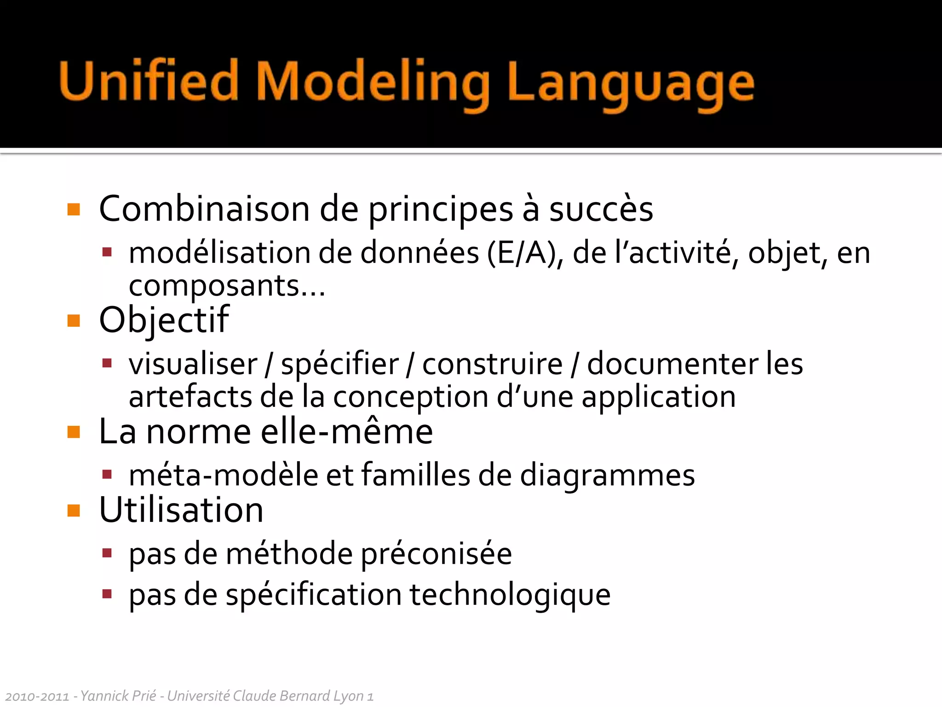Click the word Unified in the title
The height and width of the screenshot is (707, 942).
click(149, 81)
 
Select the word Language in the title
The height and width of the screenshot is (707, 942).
click(630, 84)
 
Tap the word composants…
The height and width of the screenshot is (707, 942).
click(227, 286)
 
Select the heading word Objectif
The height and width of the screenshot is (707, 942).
click(164, 320)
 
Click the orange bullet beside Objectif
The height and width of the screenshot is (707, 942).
click(74, 320)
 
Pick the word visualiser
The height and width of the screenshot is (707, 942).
click(193, 364)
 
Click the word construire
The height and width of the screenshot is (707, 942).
click(492, 364)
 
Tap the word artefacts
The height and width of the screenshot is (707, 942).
click(190, 397)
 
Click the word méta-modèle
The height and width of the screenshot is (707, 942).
click(223, 475)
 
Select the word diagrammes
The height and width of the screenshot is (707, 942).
click(607, 475)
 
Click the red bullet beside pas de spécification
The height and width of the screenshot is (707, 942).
click(107, 594)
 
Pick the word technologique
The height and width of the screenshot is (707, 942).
click(510, 595)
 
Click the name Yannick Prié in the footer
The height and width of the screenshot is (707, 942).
click(118, 696)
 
